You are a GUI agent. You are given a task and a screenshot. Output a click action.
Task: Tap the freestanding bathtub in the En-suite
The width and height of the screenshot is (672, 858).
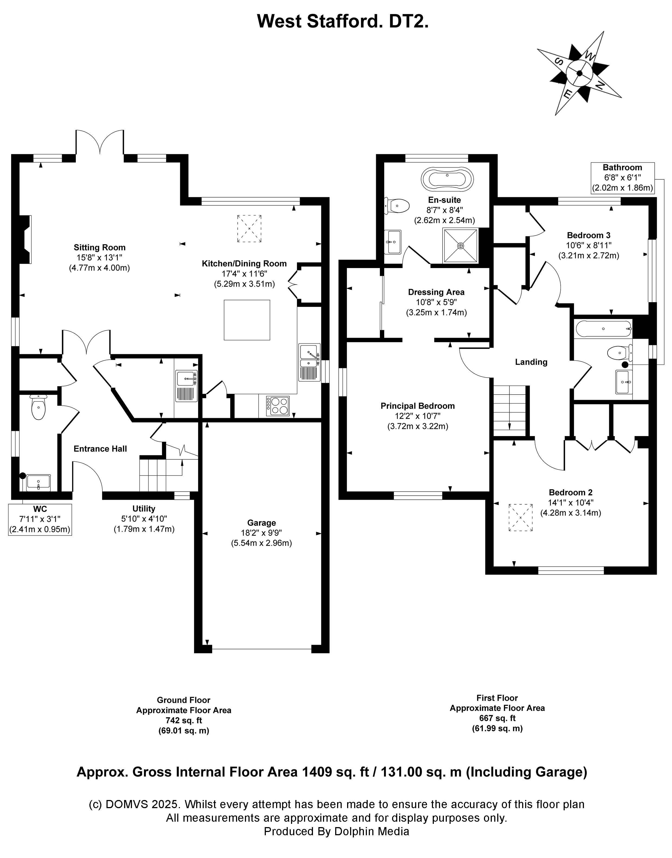tap(447, 179)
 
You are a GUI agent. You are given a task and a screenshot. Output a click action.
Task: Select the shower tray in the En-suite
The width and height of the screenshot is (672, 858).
tap(460, 246)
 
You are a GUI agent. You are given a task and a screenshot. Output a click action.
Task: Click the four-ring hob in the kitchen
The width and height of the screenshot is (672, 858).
tap(278, 406)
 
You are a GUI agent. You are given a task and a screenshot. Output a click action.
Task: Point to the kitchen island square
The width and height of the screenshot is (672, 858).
tap(247, 320)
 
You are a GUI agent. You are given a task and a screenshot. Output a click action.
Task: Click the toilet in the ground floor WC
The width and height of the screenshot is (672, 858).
tap(38, 408)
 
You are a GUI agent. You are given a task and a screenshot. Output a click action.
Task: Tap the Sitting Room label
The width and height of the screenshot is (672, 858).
tap(99, 247)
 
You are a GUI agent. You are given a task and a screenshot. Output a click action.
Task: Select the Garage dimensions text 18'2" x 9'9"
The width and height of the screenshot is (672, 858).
tap(261, 533)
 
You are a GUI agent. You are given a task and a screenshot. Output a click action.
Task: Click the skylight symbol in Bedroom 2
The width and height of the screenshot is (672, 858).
tap(521, 518)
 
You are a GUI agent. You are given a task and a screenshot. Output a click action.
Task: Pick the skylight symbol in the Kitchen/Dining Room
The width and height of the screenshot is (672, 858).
tap(249, 228)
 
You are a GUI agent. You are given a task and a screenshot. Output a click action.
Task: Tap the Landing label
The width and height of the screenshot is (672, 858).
tap(531, 362)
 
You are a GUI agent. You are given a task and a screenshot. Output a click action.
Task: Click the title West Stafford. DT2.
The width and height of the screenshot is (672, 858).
tap(342, 21)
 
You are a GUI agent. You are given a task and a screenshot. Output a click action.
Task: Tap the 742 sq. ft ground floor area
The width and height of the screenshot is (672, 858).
tap(183, 720)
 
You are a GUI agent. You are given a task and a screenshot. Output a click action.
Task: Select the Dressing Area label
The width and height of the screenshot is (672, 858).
tap(436, 292)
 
